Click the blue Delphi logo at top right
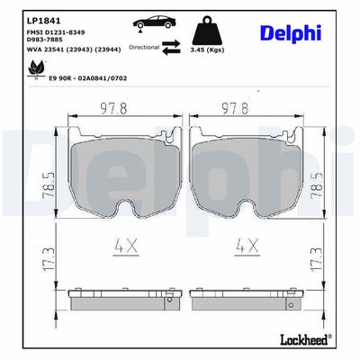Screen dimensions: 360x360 pos(291,32)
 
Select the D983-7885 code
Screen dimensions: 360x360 pos(48,41)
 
